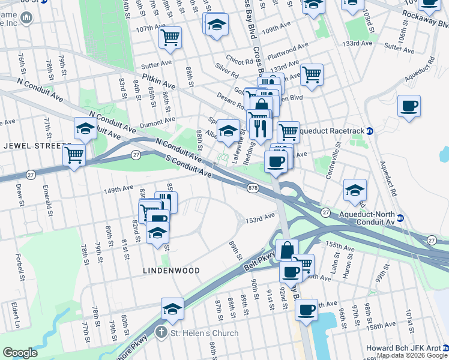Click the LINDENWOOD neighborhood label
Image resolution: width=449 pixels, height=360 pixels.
171,271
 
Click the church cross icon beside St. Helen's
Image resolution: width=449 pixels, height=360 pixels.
161,332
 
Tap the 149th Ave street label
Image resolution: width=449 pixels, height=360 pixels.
119,188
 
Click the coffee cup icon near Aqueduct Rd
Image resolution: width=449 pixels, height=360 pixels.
409,106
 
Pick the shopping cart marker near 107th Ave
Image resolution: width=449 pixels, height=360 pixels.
170,37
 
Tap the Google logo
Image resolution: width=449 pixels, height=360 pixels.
20,353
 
